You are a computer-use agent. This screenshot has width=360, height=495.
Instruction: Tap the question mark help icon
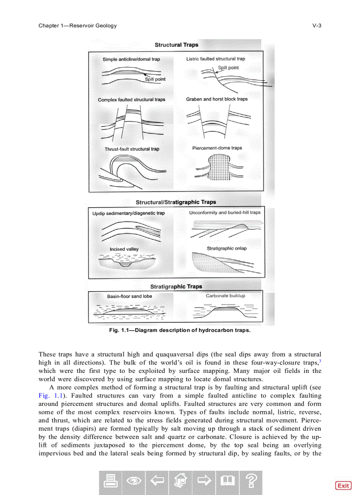click(x=250, y=482)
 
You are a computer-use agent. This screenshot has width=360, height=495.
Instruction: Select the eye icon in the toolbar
click(x=133, y=482)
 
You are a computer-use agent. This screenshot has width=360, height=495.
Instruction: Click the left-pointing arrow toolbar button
click(x=157, y=482)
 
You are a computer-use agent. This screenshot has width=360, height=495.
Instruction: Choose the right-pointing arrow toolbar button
click(x=203, y=482)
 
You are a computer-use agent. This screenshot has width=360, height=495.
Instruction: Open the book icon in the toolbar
click(x=227, y=482)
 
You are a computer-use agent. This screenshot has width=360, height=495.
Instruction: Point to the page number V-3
click(x=317, y=26)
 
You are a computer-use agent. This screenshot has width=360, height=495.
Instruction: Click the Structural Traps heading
click(x=176, y=45)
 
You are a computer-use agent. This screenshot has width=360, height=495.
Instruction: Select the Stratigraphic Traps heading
click(x=176, y=287)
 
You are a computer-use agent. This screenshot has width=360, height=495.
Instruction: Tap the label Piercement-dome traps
click(x=217, y=148)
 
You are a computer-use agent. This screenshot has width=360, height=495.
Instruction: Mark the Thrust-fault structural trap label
click(x=132, y=149)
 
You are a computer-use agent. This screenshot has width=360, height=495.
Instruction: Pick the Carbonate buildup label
click(x=225, y=296)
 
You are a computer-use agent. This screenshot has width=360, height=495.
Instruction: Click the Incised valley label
click(x=124, y=249)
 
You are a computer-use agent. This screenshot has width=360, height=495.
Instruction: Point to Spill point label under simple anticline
click(x=155, y=79)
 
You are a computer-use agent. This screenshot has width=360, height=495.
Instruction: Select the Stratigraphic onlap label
click(x=227, y=248)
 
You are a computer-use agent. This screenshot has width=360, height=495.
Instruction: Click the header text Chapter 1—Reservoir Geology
click(x=78, y=26)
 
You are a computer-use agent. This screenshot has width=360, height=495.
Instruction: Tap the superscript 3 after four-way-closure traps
click(x=320, y=360)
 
